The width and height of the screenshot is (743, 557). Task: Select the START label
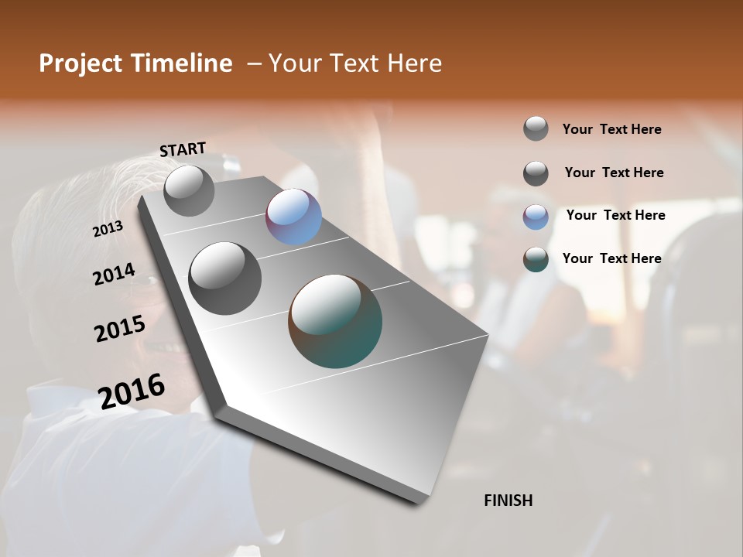183,149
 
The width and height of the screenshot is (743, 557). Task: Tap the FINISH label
508,501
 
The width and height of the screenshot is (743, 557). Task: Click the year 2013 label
108,229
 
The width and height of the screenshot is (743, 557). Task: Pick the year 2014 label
114,274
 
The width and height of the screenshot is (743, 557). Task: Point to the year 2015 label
120,328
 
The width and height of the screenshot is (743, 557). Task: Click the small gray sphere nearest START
189,190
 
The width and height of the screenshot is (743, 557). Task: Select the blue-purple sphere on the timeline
293,217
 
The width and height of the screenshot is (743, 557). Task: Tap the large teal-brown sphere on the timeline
335,321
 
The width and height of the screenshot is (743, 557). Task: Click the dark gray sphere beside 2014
225,278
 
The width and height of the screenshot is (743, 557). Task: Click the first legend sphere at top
536,128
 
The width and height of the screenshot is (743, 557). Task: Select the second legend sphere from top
536,173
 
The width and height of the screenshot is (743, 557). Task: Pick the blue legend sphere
536,217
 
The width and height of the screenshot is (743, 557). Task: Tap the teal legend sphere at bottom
536,259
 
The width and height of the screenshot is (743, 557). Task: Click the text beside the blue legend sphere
615,215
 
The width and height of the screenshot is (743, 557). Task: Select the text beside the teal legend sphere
611,258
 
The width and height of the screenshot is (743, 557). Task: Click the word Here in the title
414,63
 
